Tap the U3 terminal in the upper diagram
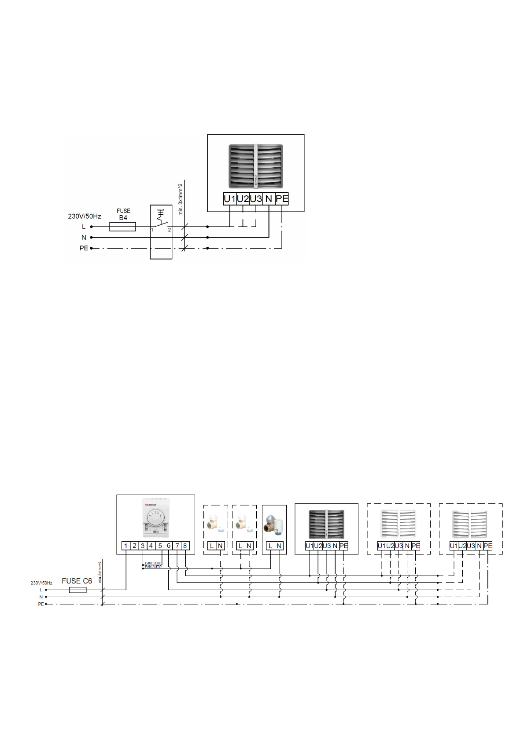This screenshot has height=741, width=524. pos(256,199)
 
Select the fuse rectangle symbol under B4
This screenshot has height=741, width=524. pos(122,227)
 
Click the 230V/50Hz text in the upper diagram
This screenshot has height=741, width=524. pos(85,216)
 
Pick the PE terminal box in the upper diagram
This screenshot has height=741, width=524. pos(282,199)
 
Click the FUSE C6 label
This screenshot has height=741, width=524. pos(77,581)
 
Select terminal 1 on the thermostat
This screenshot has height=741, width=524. pos(125,546)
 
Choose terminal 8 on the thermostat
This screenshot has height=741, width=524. pos(185,546)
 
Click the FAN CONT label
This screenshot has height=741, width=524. pos(153,563)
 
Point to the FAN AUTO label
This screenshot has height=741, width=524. pos(153,567)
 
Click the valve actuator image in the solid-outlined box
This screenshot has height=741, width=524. pos(274,525)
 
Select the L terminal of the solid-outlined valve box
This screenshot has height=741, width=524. pos(270,546)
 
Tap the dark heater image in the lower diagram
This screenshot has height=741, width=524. pos(326,524)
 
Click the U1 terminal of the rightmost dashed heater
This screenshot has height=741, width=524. pos(454,546)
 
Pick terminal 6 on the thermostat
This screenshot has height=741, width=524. pos(169,546)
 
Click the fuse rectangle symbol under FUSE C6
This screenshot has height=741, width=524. pos(78,590)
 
